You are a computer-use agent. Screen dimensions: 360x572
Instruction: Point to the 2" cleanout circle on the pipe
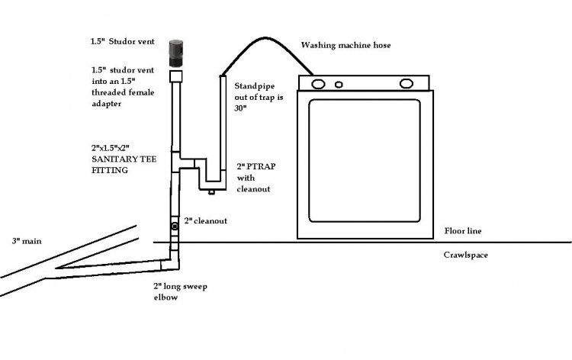(x=175, y=227)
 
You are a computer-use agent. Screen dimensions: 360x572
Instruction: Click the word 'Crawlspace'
(x=466, y=255)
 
